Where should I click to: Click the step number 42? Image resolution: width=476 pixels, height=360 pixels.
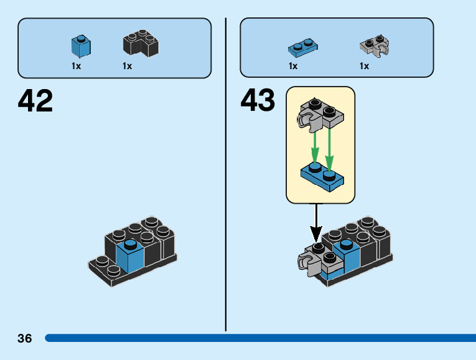tap(35, 100)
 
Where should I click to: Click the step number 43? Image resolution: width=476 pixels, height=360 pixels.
tap(258, 100)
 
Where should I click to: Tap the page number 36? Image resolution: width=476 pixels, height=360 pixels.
tap(25, 339)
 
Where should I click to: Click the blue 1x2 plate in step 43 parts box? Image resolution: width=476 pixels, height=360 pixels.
tap(304, 47)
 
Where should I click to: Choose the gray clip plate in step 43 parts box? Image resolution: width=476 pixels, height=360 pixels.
tap(375, 45)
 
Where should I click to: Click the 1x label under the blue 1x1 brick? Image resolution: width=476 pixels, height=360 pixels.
tap(77, 66)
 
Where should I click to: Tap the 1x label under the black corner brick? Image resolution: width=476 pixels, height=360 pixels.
tap(127, 66)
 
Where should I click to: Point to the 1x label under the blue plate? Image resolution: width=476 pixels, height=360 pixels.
tap(293, 66)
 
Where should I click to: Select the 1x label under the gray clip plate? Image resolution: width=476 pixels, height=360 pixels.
tap(364, 66)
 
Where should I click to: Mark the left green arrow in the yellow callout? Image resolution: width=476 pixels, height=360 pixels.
tap(315, 146)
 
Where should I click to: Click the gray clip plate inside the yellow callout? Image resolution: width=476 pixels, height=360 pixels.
tap(319, 115)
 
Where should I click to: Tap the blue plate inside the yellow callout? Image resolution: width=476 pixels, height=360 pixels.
tap(323, 174)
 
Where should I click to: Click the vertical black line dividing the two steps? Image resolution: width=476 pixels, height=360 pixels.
tap(226, 174)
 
